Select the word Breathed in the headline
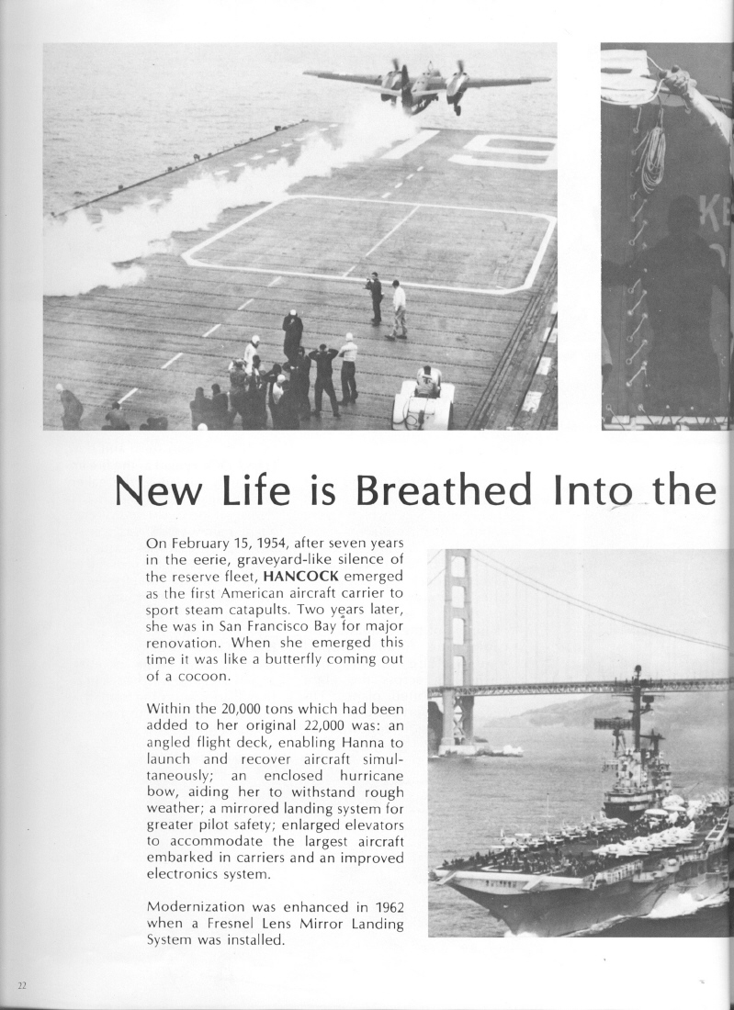444,491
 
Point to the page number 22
22,985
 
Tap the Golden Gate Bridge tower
457,643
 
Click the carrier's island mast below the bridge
636,725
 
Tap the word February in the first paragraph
203,543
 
